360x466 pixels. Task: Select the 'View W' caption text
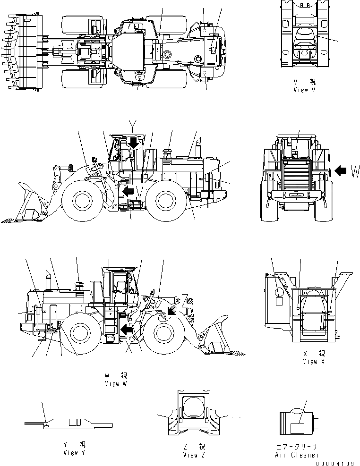pos(116,384)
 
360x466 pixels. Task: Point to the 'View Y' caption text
pos(74,453)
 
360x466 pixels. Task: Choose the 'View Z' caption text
pos(194,455)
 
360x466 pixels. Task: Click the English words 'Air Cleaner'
pos(297,455)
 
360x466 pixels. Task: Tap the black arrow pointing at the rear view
pos(340,171)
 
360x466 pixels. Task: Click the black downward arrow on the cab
pos(134,142)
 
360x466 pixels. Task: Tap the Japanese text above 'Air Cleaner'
pos(297,446)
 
